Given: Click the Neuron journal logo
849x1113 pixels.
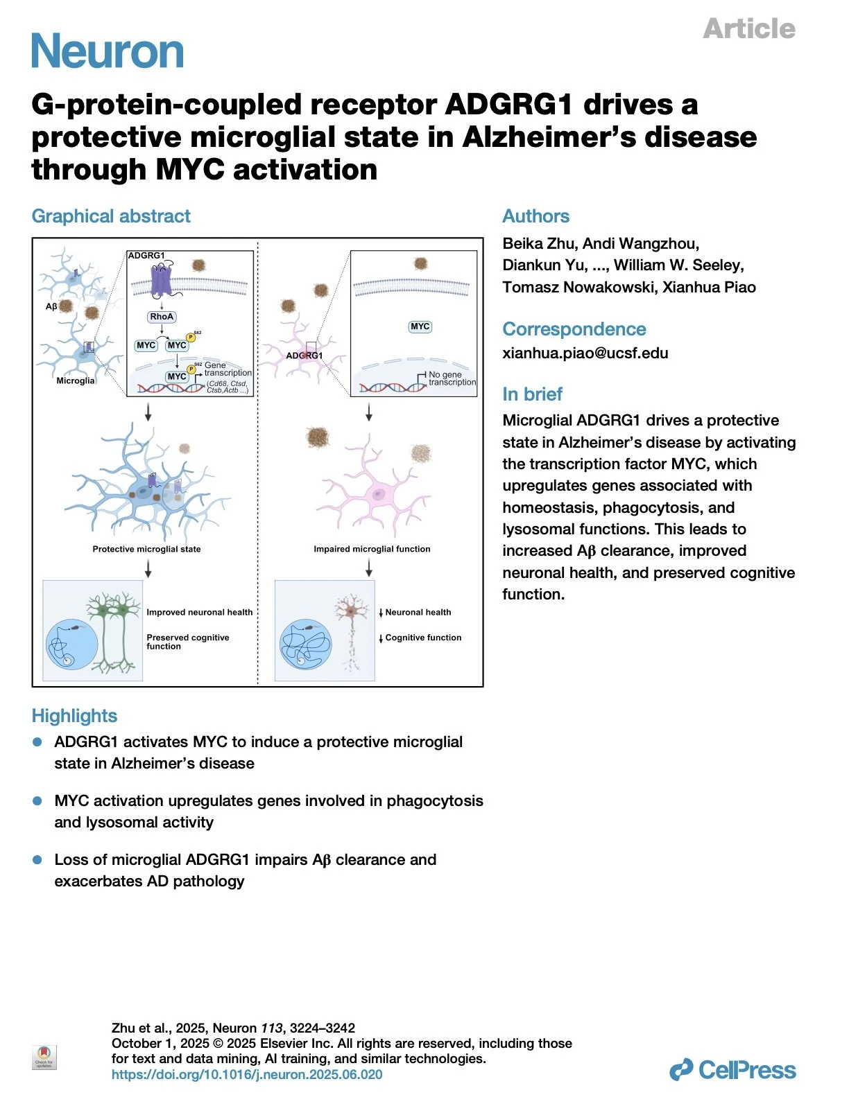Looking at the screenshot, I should click(108, 51).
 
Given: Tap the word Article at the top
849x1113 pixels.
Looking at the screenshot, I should click(749, 28).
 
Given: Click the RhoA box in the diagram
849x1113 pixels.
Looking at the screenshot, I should click(162, 317).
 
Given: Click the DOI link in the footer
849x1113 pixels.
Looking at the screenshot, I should click(247, 1074).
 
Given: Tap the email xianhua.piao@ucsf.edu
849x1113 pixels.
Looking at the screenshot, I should click(585, 353).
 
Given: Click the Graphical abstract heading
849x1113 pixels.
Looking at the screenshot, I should click(111, 216).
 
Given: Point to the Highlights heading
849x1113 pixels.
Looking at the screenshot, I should click(74, 716).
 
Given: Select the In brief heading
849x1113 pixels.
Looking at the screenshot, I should click(532, 394).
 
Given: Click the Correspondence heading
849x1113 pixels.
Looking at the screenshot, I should click(574, 329).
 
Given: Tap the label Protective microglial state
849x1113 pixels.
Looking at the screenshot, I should click(146, 549).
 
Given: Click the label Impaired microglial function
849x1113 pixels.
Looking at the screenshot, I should click(372, 549).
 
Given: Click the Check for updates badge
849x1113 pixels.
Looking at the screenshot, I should click(44, 1057).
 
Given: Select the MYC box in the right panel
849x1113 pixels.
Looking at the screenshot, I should click(420, 326).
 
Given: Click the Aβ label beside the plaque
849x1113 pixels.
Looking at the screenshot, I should click(51, 306).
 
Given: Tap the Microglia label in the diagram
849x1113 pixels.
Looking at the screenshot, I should click(75, 380).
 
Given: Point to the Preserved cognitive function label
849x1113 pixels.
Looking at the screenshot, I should click(187, 642).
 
